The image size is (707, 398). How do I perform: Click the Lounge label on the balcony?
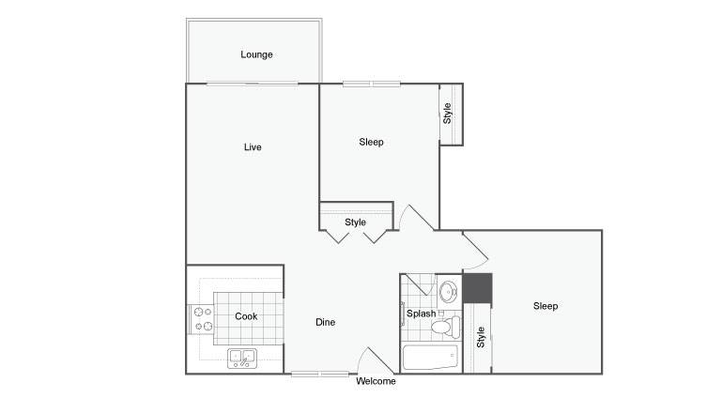[256, 54]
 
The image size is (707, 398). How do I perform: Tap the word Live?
[253, 147]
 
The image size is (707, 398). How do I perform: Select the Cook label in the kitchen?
[246, 316]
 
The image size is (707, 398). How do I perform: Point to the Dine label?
[325, 322]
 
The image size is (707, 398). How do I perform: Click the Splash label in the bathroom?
[422, 314]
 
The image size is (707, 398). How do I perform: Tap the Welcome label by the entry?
[376, 381]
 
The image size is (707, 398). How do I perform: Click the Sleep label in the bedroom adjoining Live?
[371, 142]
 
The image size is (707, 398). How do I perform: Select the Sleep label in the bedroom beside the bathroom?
[546, 306]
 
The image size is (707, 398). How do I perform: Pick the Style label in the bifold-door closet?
[355, 222]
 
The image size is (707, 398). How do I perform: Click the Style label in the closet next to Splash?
[481, 337]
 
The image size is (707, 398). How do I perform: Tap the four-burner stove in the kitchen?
[202, 319]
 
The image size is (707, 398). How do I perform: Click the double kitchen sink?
[242, 359]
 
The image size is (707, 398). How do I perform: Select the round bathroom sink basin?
[448, 291]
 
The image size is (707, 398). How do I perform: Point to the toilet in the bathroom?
[445, 327]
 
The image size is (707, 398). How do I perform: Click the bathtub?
[430, 357]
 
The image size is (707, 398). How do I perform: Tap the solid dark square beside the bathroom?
[477, 288]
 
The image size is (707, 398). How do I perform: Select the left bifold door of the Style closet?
[337, 237]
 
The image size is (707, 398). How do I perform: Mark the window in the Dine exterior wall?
[319, 374]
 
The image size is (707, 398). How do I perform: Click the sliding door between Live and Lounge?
[252, 84]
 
